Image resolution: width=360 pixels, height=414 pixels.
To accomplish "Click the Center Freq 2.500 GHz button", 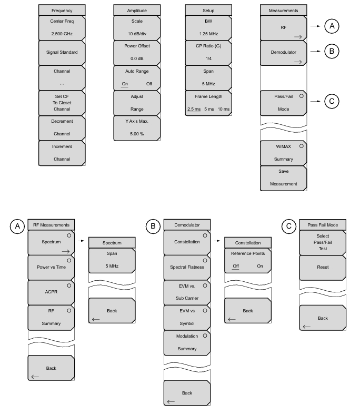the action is click(62, 28).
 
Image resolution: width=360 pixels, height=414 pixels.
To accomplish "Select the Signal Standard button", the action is click(62, 53).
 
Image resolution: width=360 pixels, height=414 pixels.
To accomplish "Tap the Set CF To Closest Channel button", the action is click(62, 103).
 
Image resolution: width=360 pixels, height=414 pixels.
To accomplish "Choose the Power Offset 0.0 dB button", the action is click(137, 53).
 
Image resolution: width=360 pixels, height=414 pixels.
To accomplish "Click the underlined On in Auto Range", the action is click(125, 84).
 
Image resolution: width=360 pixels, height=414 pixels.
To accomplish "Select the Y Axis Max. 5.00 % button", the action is click(137, 128).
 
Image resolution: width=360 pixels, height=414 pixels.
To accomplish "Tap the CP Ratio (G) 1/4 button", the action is click(208, 53).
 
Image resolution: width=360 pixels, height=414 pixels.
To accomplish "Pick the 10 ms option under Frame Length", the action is click(223, 109).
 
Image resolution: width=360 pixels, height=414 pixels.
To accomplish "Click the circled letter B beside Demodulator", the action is click(332, 51).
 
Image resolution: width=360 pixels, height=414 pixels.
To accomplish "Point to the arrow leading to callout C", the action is click(315, 101).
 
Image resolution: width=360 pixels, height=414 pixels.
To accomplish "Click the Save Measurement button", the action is click(284, 178).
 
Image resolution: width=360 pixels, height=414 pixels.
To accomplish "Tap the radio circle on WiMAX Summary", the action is click(302, 146).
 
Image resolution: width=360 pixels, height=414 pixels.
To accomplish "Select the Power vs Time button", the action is click(51, 268).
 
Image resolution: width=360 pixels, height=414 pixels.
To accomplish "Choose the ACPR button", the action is click(51, 292).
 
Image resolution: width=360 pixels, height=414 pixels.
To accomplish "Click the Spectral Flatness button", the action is click(187, 268).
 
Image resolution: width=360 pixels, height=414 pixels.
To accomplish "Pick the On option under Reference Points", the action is click(260, 266).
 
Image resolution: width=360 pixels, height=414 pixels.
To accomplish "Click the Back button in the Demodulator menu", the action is click(187, 393).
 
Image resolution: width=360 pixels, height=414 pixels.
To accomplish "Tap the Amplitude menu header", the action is click(137, 11).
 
